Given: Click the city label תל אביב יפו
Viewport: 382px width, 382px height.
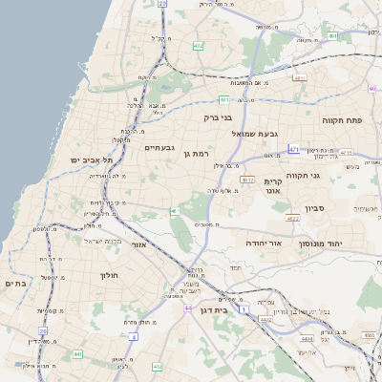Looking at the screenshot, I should coord(91,159).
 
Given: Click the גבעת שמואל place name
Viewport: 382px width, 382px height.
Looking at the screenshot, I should coord(253,135).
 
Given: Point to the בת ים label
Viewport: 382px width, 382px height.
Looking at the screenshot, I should coord(13,284).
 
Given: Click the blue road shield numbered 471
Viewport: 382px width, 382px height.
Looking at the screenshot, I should coord(293,149).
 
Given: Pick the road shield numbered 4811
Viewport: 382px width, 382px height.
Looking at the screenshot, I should coord(300,77).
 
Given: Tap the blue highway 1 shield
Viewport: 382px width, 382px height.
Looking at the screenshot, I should coord(244,311).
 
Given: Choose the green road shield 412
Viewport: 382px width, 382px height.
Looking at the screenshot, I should coord(198,45).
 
